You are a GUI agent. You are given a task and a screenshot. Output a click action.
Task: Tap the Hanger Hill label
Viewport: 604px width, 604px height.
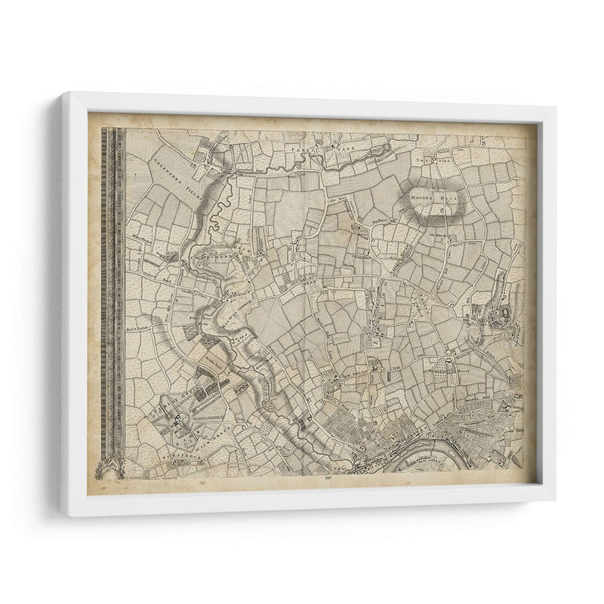[433, 199]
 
